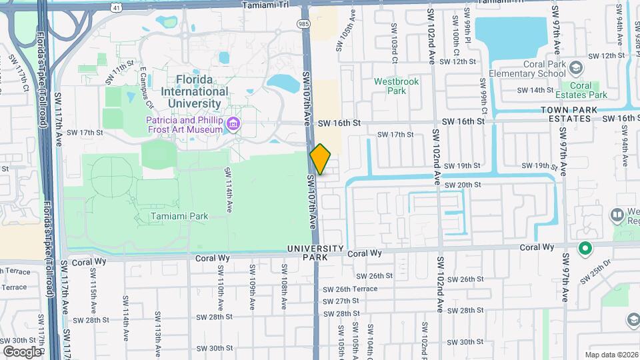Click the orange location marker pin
[x=321, y=159]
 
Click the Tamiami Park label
[x=179, y=216]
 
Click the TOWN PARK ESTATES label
[x=566, y=113]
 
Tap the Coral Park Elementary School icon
[x=576, y=67]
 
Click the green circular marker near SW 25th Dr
[x=585, y=249]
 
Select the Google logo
[x=21, y=351]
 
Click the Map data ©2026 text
[x=611, y=355]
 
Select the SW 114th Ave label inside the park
[x=229, y=189]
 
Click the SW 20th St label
[x=462, y=185]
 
